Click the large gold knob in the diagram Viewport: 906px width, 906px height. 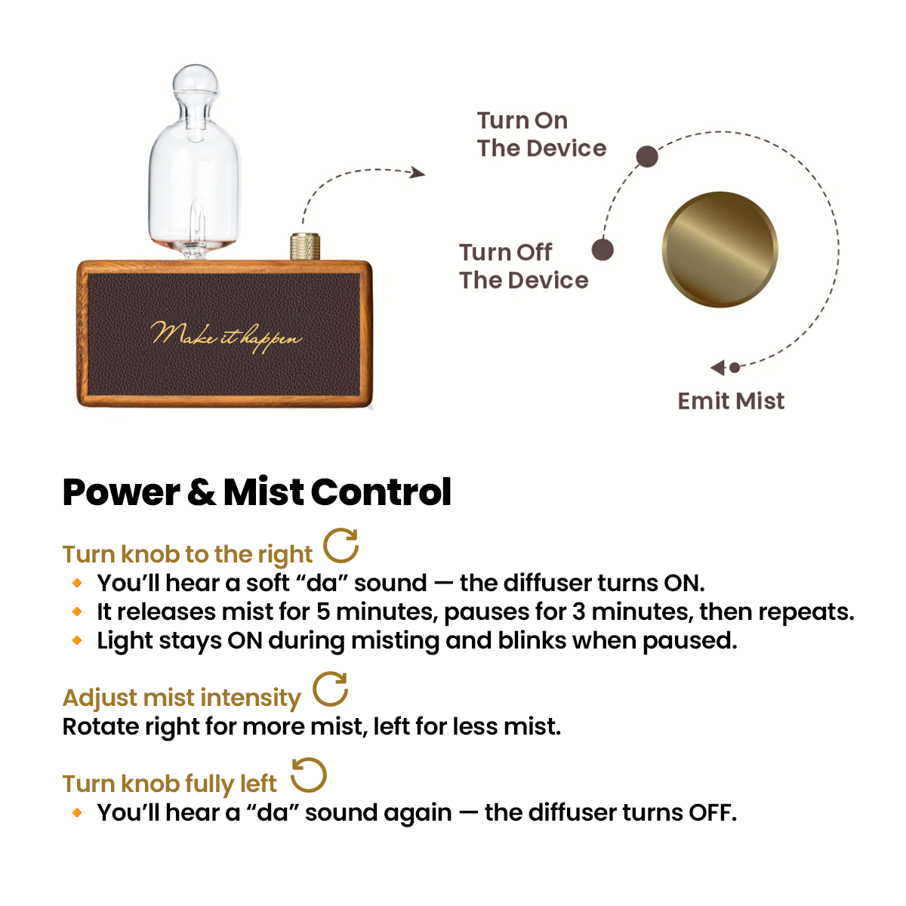click(720, 249)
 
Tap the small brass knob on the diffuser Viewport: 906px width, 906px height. click(305, 247)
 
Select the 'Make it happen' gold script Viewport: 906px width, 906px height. click(226, 335)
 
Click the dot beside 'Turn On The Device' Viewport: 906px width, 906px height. click(646, 156)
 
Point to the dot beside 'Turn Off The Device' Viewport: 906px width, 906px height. click(602, 250)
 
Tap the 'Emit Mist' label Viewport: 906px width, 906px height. click(731, 401)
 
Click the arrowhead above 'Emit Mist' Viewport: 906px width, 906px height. click(718, 368)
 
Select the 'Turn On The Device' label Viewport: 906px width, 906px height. click(541, 134)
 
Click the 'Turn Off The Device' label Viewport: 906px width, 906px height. click(523, 266)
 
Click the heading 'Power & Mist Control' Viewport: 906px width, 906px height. click(257, 492)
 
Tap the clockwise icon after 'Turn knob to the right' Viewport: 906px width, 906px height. click(341, 546)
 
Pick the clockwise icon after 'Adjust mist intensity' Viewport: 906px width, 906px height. click(331, 689)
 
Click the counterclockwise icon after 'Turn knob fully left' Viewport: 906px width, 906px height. click(308, 775)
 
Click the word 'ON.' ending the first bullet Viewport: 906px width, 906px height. click(683, 583)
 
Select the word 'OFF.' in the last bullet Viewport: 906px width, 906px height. click(712, 812)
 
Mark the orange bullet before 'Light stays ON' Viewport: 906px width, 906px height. click(77, 640)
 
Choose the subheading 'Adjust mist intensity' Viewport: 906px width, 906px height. click(181, 698)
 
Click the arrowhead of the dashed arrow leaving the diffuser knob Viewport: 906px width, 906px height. click(418, 173)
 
